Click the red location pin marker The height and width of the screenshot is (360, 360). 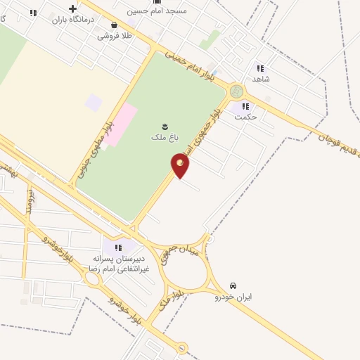(x=180, y=165)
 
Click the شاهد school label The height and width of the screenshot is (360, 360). (x=260, y=79)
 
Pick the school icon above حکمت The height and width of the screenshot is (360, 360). (x=245, y=107)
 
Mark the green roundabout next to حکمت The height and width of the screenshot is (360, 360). (x=236, y=91)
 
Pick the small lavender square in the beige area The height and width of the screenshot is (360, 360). (x=93, y=103)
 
